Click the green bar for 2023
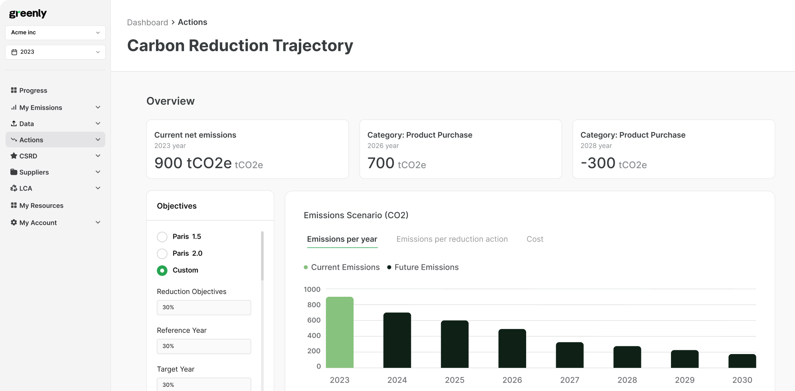339,332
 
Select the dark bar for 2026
512,348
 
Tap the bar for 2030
742,361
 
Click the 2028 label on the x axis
627,380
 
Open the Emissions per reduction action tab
452,239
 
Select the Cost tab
535,239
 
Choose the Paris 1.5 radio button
162,237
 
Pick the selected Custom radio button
162,271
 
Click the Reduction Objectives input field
204,307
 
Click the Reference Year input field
204,346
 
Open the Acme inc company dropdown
55,33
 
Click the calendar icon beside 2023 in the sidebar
14,52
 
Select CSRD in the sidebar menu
29,156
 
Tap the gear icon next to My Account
14,222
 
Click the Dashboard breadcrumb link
148,22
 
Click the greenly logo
28,13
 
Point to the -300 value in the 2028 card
598,163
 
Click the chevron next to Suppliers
98,172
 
